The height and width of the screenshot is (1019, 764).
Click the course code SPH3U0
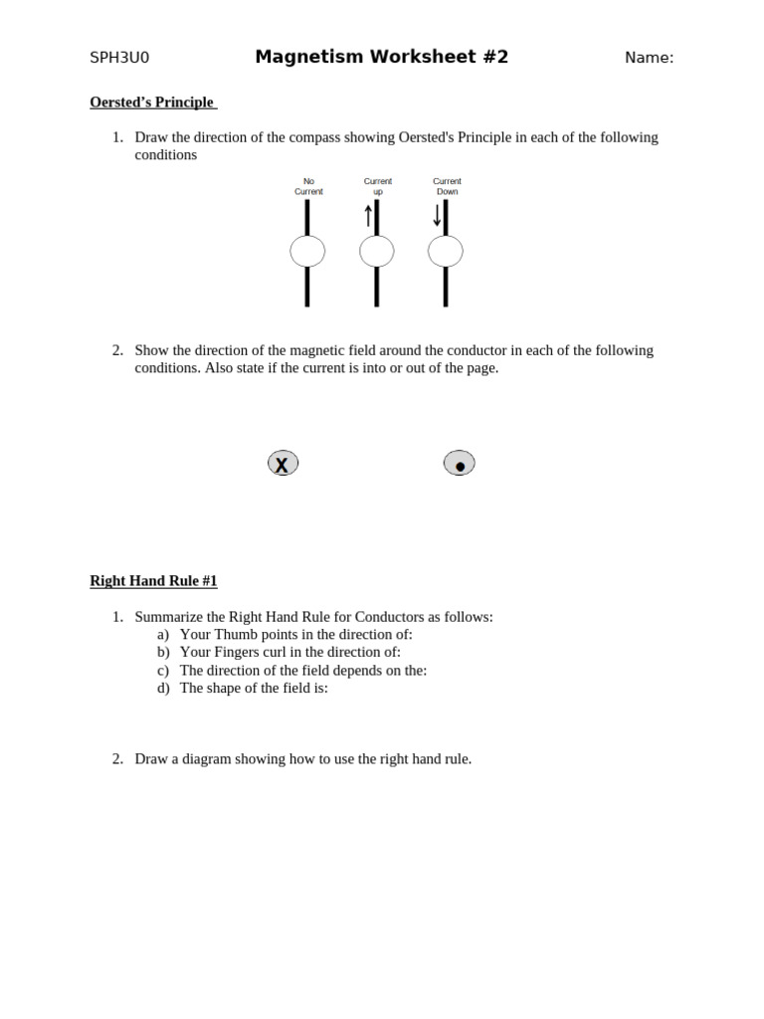pos(119,58)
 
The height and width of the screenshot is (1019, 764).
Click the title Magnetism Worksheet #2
pos(381,57)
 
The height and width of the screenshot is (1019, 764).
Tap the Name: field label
pos(649,58)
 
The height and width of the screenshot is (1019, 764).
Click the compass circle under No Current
pos(307,252)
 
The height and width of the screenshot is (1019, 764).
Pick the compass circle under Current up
pos(376,252)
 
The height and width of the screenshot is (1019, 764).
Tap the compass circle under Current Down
pos(445,252)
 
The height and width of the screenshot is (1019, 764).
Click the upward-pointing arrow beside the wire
pos(368,215)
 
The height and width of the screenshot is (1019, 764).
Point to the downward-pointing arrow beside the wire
pos(437,215)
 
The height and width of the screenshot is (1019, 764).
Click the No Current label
pos(308,186)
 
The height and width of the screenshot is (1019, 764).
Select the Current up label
pos(377,186)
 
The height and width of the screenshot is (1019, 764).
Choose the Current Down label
pos(447,186)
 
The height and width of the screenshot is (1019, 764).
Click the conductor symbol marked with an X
pos(283,464)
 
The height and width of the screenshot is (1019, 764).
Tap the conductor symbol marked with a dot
pos(459,464)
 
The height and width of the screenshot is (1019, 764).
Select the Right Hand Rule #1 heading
pos(153,581)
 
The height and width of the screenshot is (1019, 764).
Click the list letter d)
pos(163,688)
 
